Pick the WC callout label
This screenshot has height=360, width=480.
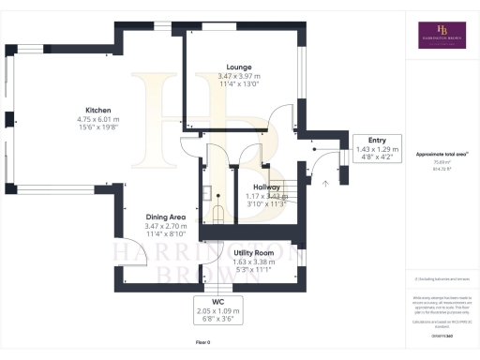coord(217,302)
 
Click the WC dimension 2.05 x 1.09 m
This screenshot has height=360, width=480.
coord(217,310)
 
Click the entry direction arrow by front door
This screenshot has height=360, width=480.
coord(325,184)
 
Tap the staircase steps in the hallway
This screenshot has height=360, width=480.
coord(292,187)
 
